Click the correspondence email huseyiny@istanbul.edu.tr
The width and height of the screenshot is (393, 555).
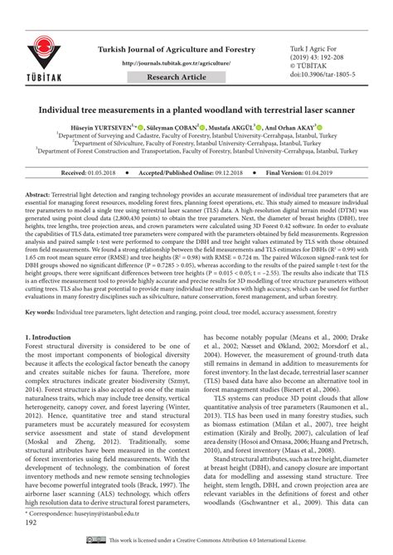coord(109,514)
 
